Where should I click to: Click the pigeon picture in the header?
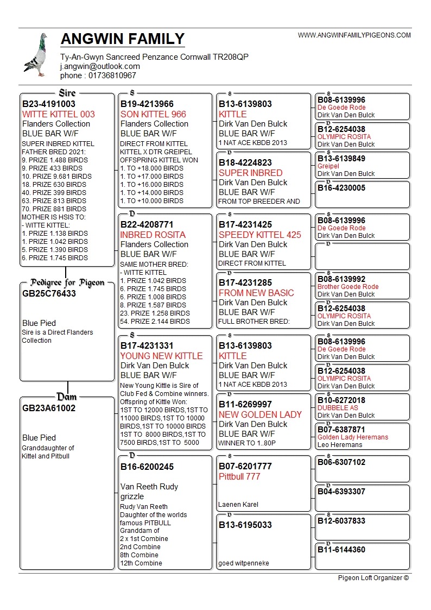36,55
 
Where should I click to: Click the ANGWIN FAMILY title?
123,39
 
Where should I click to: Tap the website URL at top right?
354,35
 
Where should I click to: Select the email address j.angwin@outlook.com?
100,66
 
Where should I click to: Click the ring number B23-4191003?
49,104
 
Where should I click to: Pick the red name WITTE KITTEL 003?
58,114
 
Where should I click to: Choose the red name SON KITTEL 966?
153,114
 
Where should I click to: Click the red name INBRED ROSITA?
153,235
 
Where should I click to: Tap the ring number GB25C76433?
49,293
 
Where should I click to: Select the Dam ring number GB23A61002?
49,408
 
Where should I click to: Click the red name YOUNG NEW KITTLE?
161,356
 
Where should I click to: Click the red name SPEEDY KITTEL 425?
259,235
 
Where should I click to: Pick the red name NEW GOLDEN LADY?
260,414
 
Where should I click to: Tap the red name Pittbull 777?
239,476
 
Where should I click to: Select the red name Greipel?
328,166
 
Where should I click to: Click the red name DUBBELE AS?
338,408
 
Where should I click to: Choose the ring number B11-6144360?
341,550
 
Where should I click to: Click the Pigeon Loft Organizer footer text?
373,577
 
